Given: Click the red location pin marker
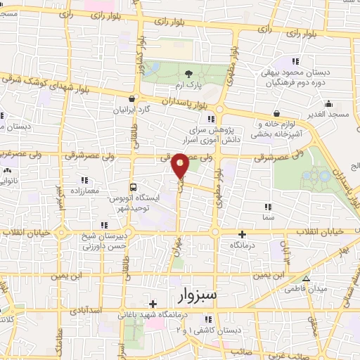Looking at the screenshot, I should click(181, 165).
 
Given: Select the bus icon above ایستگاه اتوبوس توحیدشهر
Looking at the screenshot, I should click(134, 187).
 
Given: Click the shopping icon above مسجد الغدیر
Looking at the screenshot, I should click(276, 113).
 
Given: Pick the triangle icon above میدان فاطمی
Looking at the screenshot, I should click(304, 278).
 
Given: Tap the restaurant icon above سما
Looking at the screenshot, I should click(267, 207).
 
